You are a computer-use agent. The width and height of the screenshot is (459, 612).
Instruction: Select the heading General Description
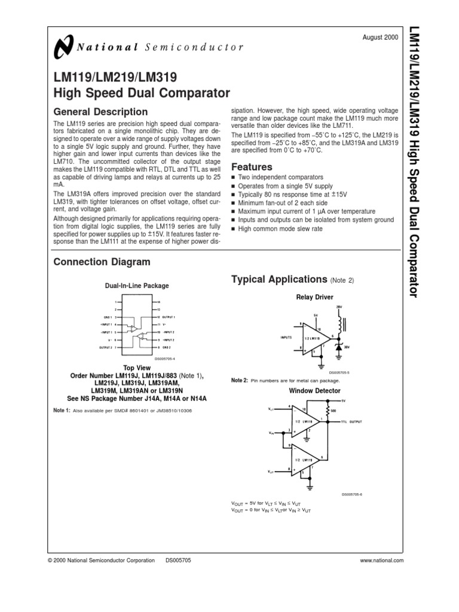tap(100, 112)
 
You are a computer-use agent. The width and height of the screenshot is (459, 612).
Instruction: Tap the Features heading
tap(252, 167)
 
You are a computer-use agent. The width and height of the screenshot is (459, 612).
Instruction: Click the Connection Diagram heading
tap(102, 262)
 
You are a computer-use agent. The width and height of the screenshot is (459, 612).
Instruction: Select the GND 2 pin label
tap(168, 347)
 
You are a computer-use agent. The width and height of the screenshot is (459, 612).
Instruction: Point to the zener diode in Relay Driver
tap(339, 347)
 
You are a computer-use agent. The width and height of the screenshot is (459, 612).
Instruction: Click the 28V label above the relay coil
tap(339, 307)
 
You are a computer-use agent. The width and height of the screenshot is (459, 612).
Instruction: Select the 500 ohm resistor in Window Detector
tap(328, 411)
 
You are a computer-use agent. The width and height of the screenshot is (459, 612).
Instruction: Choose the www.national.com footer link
tap(382, 560)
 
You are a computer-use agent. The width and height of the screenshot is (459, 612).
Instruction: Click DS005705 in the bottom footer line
tap(178, 560)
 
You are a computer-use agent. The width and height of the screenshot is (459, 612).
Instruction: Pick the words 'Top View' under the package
tap(137, 368)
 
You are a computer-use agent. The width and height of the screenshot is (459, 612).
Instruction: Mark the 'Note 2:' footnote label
tap(239, 380)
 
